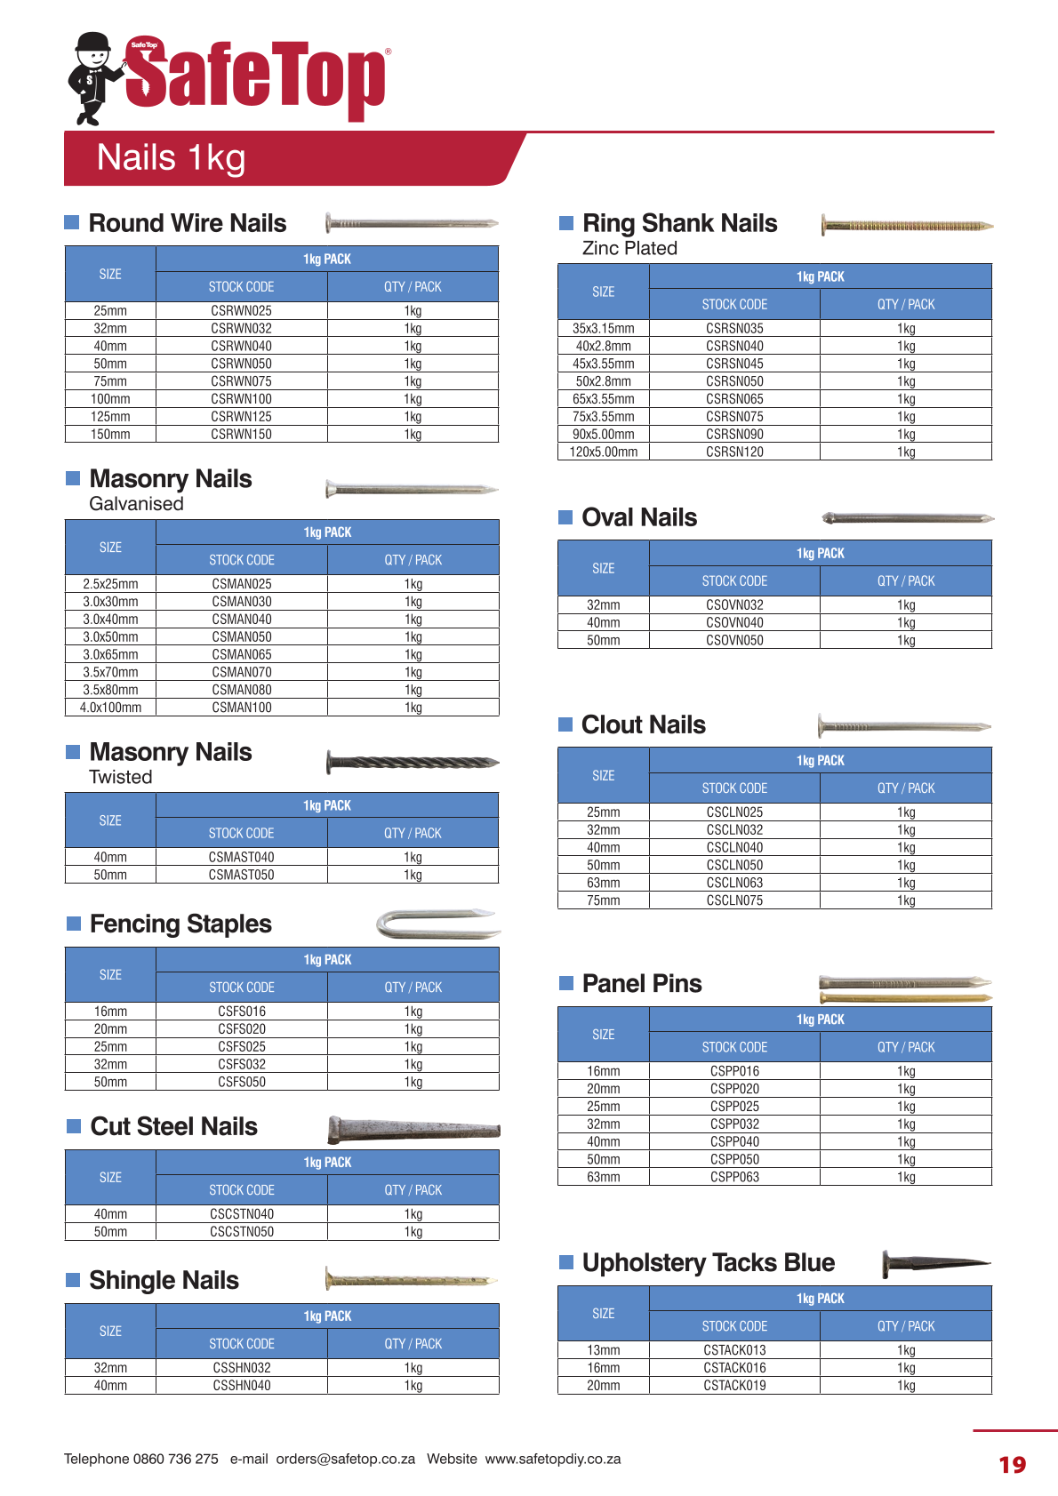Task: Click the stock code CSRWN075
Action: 241,381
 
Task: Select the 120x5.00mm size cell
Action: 603,452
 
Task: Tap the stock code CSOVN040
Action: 734,622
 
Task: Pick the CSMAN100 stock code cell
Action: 242,708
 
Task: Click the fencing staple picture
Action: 437,924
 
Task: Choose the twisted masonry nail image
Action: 413,762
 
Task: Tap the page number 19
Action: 1012,1465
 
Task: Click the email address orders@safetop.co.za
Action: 345,1459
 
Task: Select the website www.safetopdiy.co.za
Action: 552,1459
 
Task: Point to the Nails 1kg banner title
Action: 171,158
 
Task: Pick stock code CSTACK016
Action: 734,1368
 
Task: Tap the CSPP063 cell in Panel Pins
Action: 734,1177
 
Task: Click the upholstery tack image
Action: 935,1263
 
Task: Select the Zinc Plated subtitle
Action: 629,249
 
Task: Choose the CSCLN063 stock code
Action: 734,883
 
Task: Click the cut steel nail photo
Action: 413,1129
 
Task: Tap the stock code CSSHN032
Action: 242,1368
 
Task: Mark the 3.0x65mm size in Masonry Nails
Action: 110,654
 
